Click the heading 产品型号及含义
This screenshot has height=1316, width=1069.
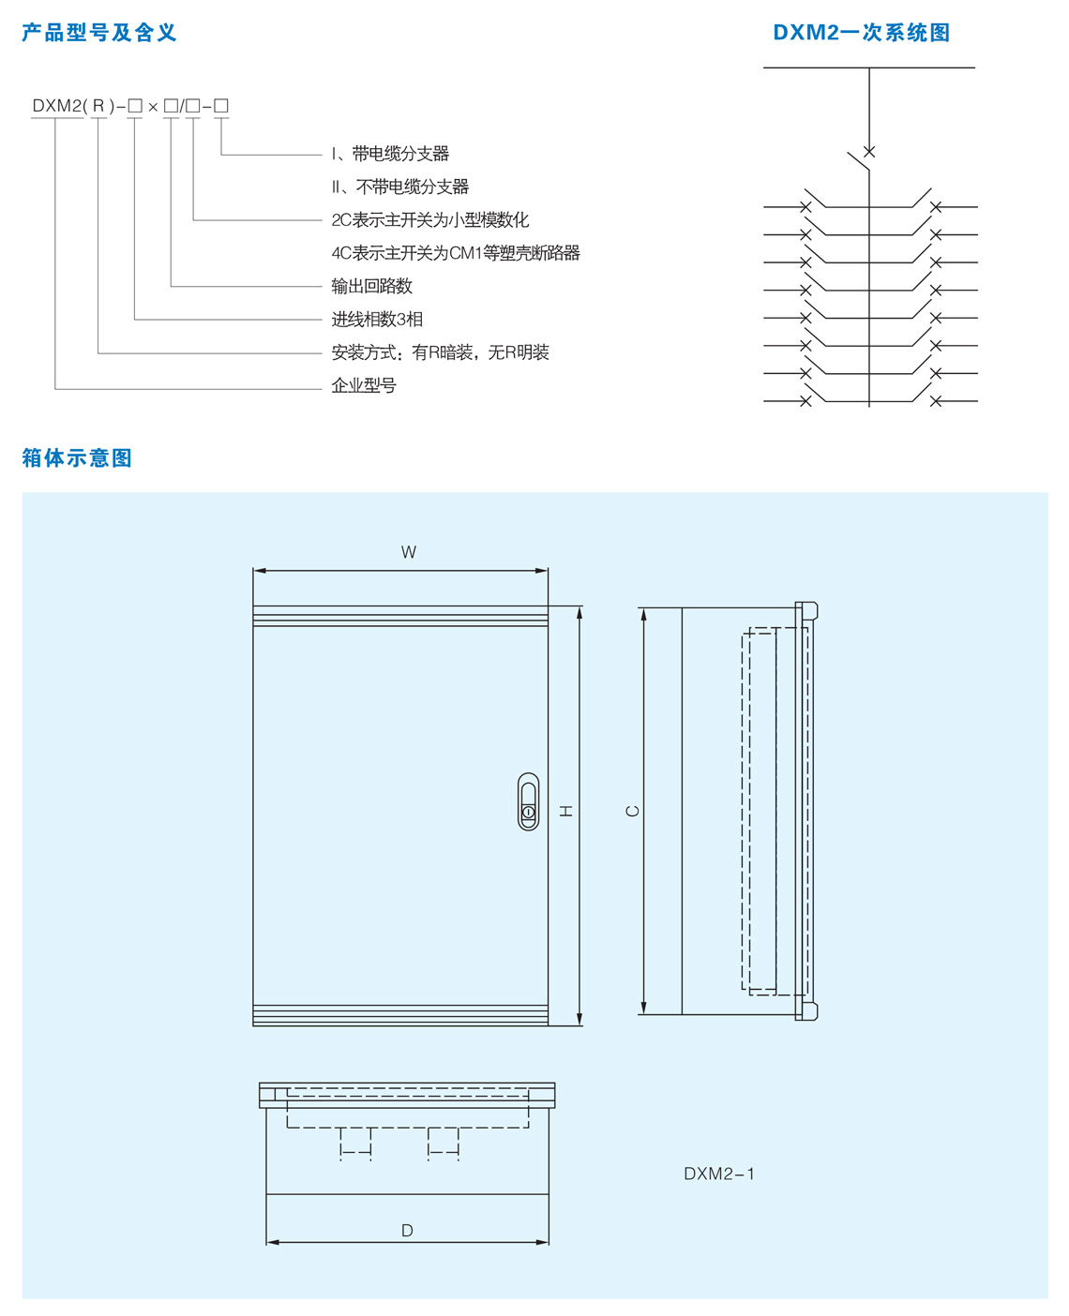(x=98, y=33)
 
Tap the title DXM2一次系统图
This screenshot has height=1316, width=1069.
(x=861, y=33)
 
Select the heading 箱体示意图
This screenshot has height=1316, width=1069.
(x=77, y=457)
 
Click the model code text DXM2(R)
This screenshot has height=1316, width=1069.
(x=73, y=106)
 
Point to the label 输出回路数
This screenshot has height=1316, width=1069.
(x=371, y=286)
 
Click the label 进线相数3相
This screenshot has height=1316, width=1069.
(x=377, y=320)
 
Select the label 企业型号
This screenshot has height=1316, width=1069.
(x=364, y=385)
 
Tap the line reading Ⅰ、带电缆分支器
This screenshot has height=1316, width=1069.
(x=390, y=154)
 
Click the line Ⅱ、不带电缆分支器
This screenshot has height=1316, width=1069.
(x=400, y=187)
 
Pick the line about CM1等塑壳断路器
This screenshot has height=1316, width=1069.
(x=456, y=253)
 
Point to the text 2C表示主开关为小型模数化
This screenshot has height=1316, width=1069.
(x=430, y=220)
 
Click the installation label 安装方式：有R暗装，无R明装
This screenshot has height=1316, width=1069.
(x=440, y=352)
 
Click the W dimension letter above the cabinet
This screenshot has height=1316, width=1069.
(x=408, y=552)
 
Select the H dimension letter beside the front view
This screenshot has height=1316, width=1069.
(x=566, y=811)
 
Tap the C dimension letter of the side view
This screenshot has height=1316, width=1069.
(x=633, y=811)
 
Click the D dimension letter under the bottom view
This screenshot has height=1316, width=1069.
(x=407, y=1230)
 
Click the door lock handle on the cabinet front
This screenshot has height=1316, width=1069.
(x=529, y=801)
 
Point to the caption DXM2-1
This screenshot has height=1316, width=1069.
(x=719, y=1174)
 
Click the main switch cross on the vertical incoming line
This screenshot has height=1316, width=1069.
(x=869, y=151)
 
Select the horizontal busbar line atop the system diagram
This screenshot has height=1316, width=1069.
(x=868, y=67)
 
